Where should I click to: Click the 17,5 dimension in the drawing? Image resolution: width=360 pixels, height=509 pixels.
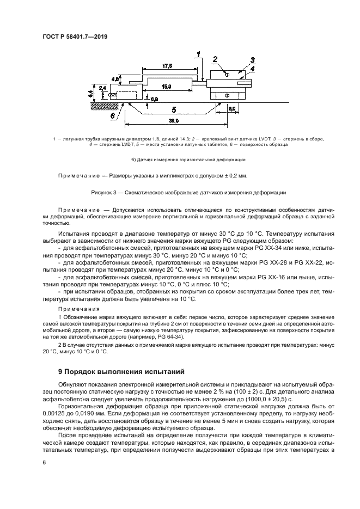click(x=167, y=66)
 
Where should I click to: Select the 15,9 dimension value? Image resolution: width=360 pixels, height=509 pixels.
click(x=167, y=87)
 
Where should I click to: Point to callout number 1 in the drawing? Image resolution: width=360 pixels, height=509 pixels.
click(x=199, y=54)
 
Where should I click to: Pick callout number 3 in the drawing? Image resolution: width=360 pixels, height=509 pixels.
click(x=252, y=60)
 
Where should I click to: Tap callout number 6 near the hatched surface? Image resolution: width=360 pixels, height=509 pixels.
click(x=112, y=115)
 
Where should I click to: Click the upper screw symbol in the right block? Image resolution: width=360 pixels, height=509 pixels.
click(x=227, y=75)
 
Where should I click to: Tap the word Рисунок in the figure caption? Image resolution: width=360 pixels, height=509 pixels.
click(x=103, y=193)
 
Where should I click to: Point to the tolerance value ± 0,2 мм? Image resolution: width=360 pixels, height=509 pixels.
click(x=233, y=176)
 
